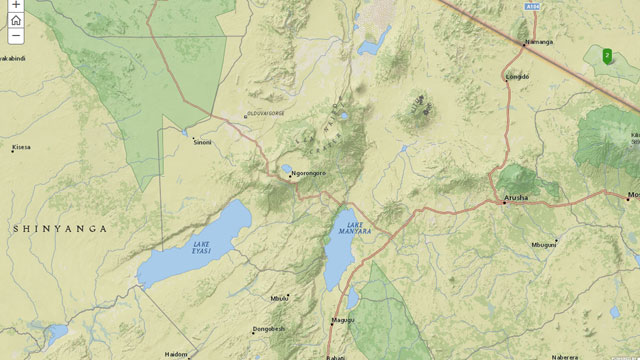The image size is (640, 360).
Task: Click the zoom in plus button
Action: (16, 4)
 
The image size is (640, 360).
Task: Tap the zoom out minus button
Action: (16, 36)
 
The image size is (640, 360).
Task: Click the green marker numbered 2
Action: (607, 55)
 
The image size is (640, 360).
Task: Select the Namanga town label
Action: (539, 42)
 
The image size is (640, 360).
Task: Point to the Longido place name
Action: (518, 76)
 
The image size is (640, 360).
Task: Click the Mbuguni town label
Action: (544, 244)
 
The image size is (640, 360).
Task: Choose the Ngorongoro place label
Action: (309, 176)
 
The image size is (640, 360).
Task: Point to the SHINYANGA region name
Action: (59, 229)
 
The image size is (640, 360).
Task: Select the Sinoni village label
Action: (202, 142)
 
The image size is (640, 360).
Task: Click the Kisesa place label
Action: (21, 147)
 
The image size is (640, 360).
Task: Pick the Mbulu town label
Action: (279, 297)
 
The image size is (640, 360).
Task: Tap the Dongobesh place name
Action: (269, 328)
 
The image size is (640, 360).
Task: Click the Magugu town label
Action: (341, 320)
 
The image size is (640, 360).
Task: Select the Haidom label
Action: (176, 354)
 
